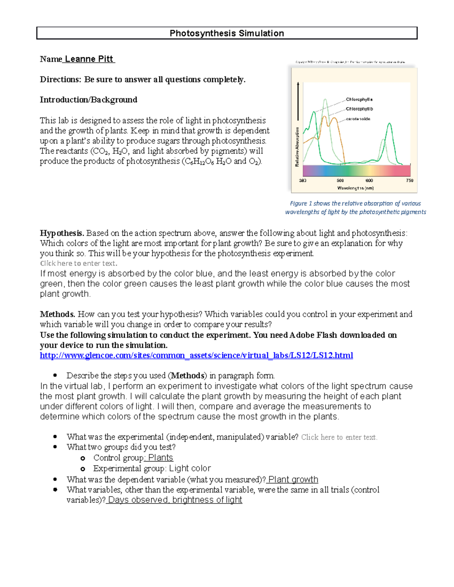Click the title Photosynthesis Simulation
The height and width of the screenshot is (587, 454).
(x=227, y=33)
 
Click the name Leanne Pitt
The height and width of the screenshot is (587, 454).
(x=89, y=59)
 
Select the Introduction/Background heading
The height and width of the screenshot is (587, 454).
(x=89, y=100)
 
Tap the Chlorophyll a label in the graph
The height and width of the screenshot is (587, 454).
(x=359, y=99)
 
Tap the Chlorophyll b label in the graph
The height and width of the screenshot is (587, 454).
(x=359, y=109)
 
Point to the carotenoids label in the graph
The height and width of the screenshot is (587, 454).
(x=358, y=119)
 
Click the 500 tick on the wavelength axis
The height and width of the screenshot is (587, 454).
(x=340, y=181)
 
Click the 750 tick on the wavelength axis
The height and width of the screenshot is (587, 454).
(x=409, y=181)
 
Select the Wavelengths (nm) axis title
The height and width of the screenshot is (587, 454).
(x=355, y=188)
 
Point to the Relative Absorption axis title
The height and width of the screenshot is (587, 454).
(x=297, y=147)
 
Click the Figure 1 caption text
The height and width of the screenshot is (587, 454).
(x=355, y=208)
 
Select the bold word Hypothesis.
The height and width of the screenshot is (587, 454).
(x=62, y=233)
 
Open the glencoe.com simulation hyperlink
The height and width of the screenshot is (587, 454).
(x=196, y=355)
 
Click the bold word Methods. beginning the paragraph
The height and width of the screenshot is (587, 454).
(x=58, y=314)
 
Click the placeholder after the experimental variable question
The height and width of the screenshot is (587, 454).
(x=339, y=437)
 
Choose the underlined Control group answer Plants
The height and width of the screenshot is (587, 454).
(x=160, y=458)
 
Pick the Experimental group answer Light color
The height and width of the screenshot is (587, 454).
(x=190, y=468)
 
